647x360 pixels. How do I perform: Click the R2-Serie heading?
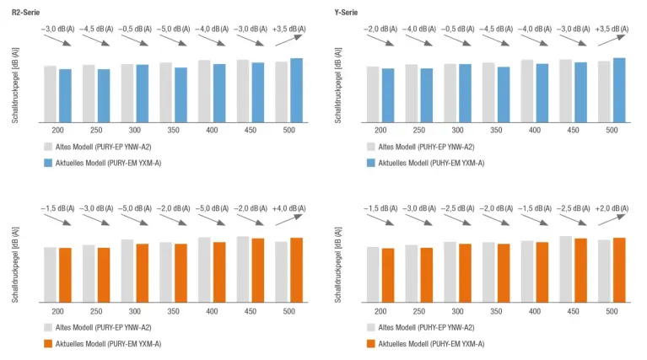[26, 11]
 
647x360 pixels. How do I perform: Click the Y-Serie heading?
[347, 11]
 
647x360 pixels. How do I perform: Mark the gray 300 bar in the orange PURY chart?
[127, 270]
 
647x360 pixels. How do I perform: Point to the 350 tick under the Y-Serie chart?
[496, 131]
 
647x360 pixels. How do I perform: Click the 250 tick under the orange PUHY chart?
[419, 312]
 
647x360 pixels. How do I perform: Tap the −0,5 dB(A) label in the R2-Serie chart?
[135, 29]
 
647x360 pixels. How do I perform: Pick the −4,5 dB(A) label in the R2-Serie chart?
[97, 29]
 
